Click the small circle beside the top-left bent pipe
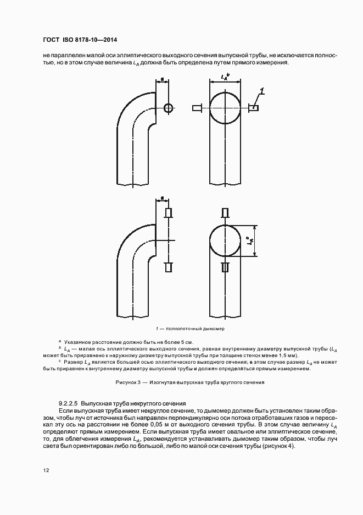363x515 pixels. (168, 108)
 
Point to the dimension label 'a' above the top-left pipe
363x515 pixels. (163, 80)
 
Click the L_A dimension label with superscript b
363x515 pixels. (225, 78)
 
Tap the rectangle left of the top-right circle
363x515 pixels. (197, 108)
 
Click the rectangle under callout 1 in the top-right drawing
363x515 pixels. (254, 108)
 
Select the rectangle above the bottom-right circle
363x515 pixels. (225, 213)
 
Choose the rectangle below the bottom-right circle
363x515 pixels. (225, 267)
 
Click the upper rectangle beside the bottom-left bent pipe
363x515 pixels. (169, 213)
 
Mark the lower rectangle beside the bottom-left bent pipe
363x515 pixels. (169, 267)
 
